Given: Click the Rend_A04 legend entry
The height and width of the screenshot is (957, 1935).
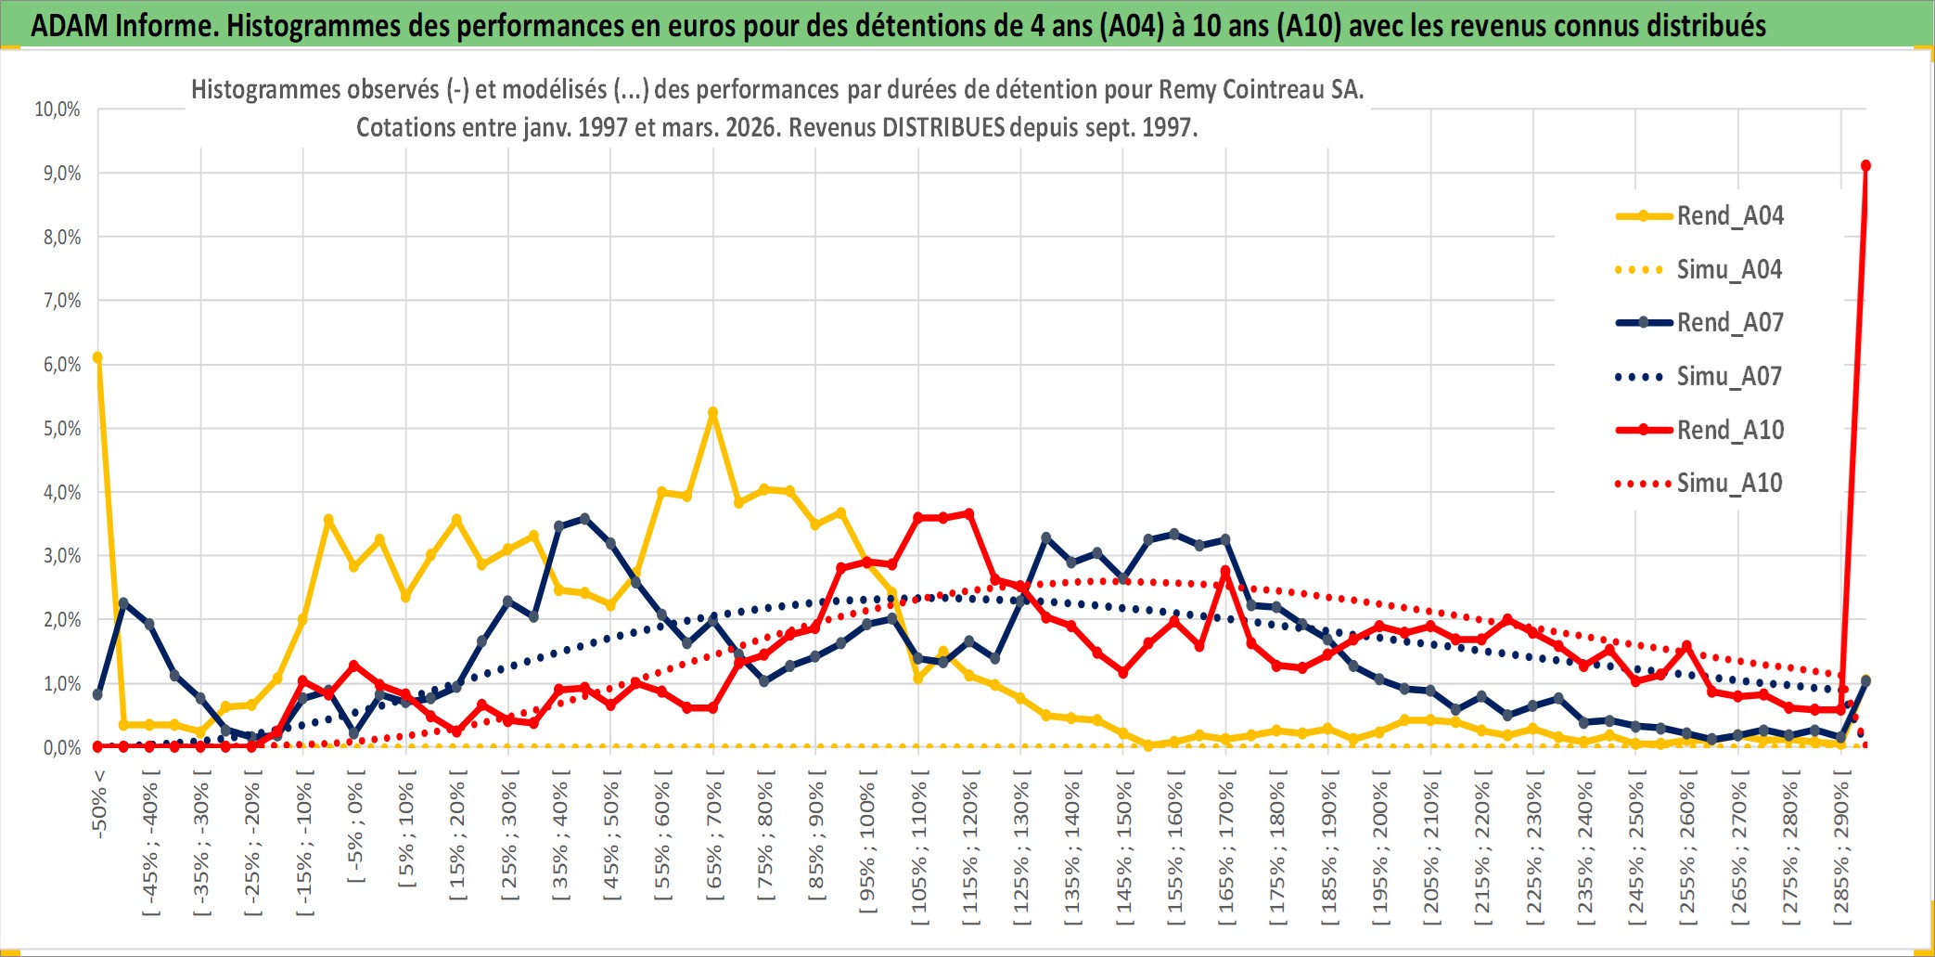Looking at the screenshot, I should coord(1729,216).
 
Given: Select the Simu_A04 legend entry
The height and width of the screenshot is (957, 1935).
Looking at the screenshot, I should coord(1729,270).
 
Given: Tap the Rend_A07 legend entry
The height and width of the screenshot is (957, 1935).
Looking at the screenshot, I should coord(1729,323).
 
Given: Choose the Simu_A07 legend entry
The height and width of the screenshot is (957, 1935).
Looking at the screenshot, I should coord(1729,377).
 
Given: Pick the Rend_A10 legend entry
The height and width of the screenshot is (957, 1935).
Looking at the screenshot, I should coord(1729,430).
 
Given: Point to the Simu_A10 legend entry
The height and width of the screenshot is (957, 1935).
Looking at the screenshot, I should coord(1729,483).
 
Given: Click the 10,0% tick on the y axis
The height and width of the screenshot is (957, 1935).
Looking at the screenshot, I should coord(58,110).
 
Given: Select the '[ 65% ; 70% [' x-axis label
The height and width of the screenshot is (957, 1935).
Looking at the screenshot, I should coord(713,841).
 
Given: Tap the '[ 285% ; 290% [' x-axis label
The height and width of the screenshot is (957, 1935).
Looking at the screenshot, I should coord(1841,852).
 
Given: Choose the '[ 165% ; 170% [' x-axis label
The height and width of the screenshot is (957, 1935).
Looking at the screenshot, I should coord(1225,852).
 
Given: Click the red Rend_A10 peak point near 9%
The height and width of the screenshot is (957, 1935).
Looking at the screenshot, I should coord(1865,166).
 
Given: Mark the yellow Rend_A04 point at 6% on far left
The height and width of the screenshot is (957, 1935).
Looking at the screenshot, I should coord(97,357).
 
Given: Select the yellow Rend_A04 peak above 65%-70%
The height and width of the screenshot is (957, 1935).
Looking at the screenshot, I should coord(712,412).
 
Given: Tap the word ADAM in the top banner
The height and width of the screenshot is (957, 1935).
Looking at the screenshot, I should coord(70,25).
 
